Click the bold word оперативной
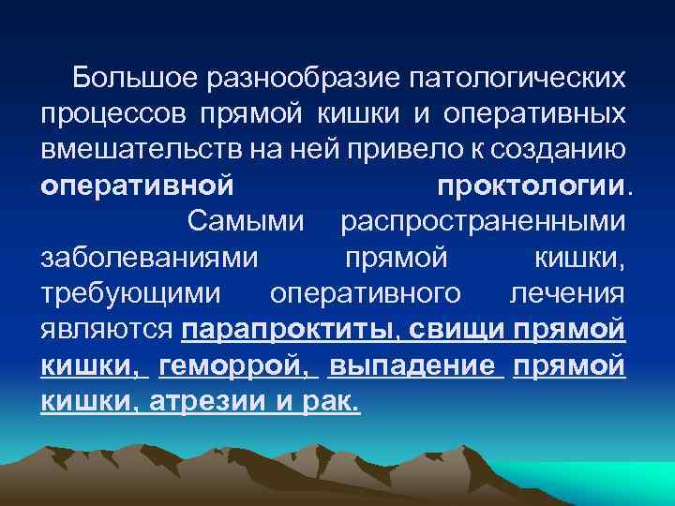137,186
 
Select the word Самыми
247,222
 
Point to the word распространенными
483,222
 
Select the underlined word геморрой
233,365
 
